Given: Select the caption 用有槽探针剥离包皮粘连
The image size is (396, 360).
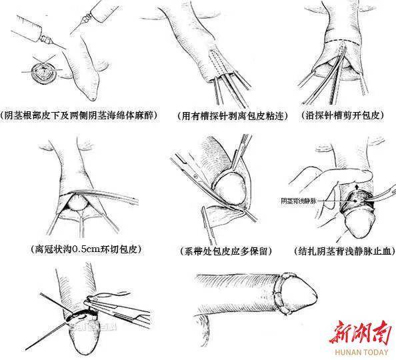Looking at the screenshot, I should (x=225, y=116).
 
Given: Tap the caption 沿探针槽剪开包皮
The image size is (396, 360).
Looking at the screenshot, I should (x=344, y=116).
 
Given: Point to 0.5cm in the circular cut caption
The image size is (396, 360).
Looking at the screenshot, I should (x=93, y=250).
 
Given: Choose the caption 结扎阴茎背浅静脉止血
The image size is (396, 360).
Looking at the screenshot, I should (x=344, y=251).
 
